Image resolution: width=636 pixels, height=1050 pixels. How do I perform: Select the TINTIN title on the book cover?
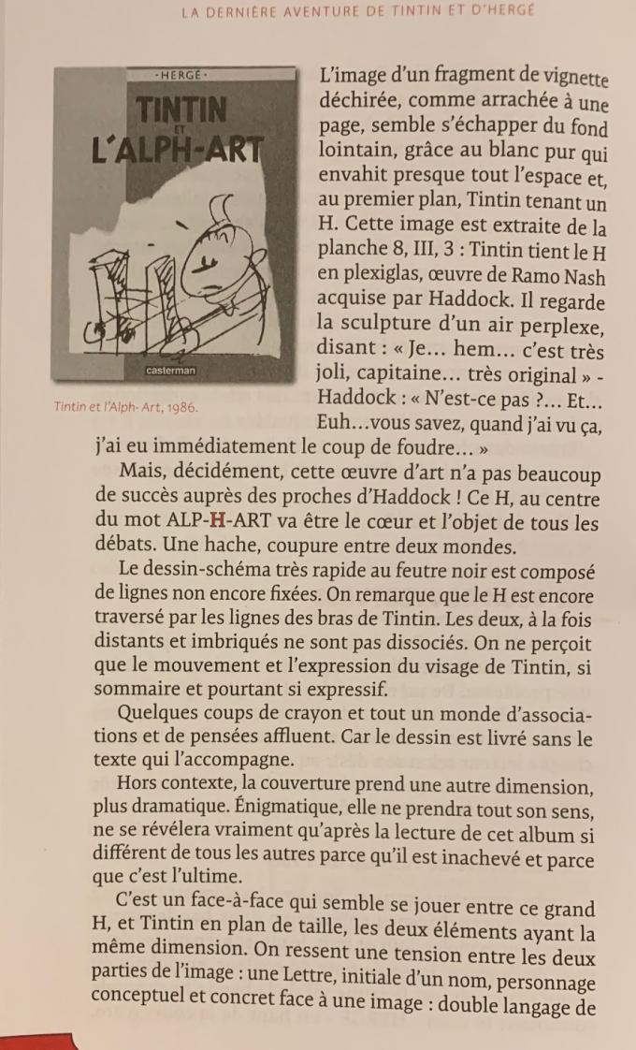point(183,110)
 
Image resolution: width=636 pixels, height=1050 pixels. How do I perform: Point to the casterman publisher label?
point(171,371)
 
